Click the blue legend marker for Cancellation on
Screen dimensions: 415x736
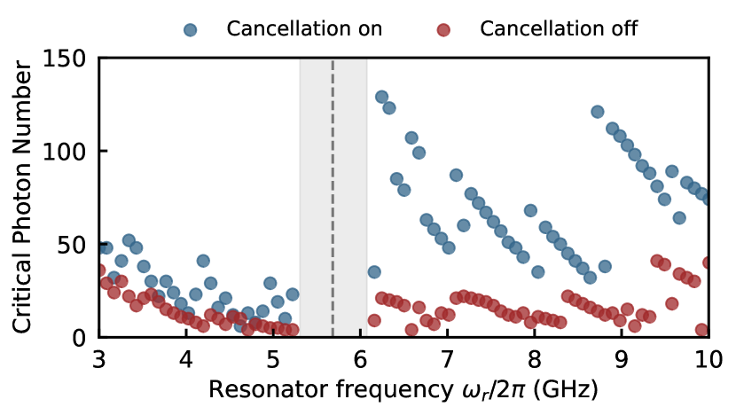(191, 28)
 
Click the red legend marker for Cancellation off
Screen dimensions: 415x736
(444, 28)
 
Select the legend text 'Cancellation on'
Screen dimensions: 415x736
(304, 28)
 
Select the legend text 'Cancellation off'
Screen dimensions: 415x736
(559, 28)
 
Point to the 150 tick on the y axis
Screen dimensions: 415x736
(69, 59)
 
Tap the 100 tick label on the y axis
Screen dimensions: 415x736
(69, 152)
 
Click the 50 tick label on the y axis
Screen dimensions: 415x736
(74, 245)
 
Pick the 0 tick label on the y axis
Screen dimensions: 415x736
(80, 338)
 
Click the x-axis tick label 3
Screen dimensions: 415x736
(99, 361)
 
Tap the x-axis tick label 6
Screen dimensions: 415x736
(360, 361)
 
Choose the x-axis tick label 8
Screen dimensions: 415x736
(534, 361)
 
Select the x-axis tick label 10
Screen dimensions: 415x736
(708, 361)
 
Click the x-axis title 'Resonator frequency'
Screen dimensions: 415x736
(297, 390)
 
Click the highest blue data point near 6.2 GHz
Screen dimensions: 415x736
(381, 97)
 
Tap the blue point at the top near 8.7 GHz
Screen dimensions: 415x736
(598, 112)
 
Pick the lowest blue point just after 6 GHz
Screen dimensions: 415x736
(374, 271)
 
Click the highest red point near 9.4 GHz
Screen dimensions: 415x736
(657, 261)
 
